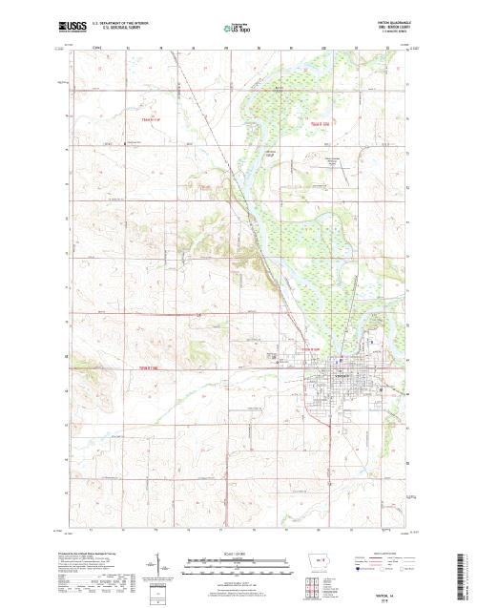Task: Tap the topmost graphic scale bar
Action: (218, 557)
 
